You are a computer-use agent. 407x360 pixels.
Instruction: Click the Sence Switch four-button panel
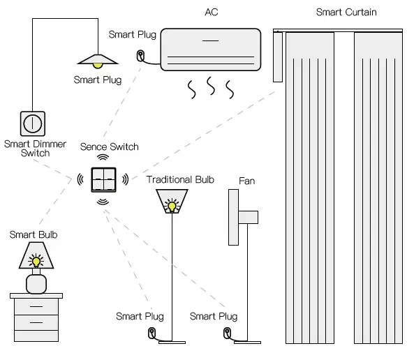tap(102, 179)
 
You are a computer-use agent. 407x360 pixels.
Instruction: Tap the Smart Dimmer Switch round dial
tap(31, 123)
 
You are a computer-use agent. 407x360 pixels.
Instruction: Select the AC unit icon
tap(210, 49)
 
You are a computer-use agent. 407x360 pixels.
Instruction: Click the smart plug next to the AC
tap(142, 55)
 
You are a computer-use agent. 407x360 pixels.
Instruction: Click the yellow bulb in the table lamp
tap(35, 262)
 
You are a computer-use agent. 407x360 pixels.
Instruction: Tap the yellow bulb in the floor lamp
tap(170, 205)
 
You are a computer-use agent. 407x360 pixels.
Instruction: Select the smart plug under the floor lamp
tap(151, 334)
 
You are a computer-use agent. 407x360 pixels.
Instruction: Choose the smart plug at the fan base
tap(226, 334)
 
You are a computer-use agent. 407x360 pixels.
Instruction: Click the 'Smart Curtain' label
tap(346, 12)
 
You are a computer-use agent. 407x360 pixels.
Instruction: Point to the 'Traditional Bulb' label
tap(180, 179)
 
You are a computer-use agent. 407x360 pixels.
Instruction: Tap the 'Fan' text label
tap(246, 181)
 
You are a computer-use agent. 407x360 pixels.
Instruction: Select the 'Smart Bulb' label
tap(34, 234)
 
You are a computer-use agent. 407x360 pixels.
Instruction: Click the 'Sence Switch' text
tap(109, 147)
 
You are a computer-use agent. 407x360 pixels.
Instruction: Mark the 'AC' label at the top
tap(211, 12)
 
